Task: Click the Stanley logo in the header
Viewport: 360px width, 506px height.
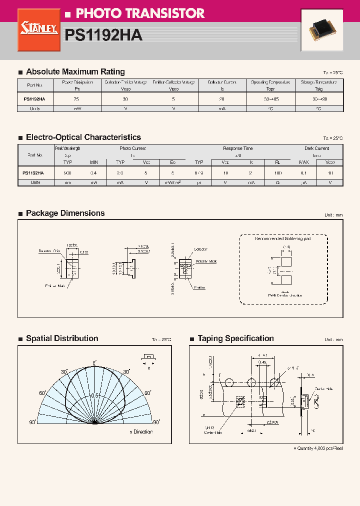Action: [x=39, y=30]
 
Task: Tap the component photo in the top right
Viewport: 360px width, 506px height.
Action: [x=321, y=30]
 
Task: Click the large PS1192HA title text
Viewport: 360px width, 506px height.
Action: [x=103, y=35]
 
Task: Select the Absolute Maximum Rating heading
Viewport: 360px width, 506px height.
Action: [x=75, y=71]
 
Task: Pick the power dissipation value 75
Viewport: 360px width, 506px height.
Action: [x=76, y=99]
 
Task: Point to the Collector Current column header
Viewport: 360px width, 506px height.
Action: [x=221, y=85]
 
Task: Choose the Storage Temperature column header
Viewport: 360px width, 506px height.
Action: [x=318, y=85]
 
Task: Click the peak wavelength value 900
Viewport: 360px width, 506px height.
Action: [x=68, y=172]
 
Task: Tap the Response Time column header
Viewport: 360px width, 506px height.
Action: [x=237, y=148]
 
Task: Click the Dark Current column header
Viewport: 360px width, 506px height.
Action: [x=316, y=148]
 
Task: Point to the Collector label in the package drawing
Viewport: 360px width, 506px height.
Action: [x=200, y=249]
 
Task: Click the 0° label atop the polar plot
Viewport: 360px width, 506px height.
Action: [x=94, y=363]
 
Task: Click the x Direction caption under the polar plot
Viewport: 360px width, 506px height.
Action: [x=140, y=431]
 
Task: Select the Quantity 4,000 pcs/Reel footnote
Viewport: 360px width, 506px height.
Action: [x=318, y=448]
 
